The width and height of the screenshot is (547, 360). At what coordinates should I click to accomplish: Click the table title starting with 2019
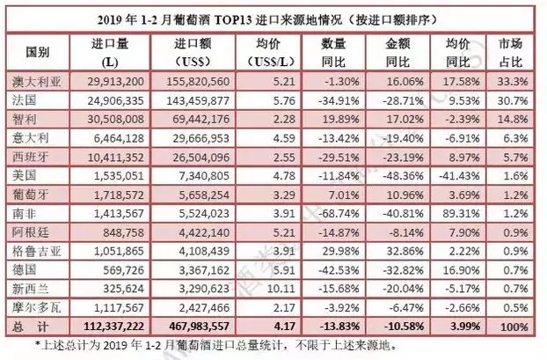273,18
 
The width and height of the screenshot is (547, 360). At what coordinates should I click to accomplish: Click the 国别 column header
36,51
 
